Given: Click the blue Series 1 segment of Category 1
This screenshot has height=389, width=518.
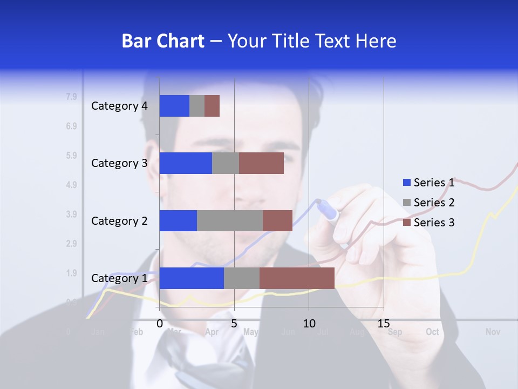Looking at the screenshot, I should [x=192, y=278].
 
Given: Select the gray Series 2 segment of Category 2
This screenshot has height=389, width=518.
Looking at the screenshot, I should [x=230, y=220].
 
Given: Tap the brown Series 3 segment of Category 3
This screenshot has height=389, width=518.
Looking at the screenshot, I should [x=261, y=163].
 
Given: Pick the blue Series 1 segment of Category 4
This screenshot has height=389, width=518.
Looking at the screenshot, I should [x=174, y=106].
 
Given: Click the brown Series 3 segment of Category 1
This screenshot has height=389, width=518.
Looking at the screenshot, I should [x=297, y=278].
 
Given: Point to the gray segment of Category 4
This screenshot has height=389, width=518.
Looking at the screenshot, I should [x=197, y=106].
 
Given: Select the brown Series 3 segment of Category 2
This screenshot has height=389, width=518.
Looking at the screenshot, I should [x=277, y=220].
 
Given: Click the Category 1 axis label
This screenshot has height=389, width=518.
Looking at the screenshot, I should [x=119, y=278].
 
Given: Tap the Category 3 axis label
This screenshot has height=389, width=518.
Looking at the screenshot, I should [x=119, y=163].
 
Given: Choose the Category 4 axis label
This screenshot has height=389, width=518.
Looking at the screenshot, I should [x=119, y=106].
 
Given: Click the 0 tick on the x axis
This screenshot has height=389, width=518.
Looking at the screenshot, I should [x=160, y=324].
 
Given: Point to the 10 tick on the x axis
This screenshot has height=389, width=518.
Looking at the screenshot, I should [x=309, y=324].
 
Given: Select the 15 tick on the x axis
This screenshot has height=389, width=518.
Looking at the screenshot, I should [x=383, y=324].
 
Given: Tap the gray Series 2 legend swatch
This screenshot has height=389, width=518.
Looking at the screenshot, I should [x=407, y=203].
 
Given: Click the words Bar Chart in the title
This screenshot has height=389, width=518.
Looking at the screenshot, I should [x=162, y=41].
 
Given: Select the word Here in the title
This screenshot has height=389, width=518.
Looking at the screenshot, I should [x=376, y=41].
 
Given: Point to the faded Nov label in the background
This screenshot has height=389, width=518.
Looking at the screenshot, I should [x=493, y=332].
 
